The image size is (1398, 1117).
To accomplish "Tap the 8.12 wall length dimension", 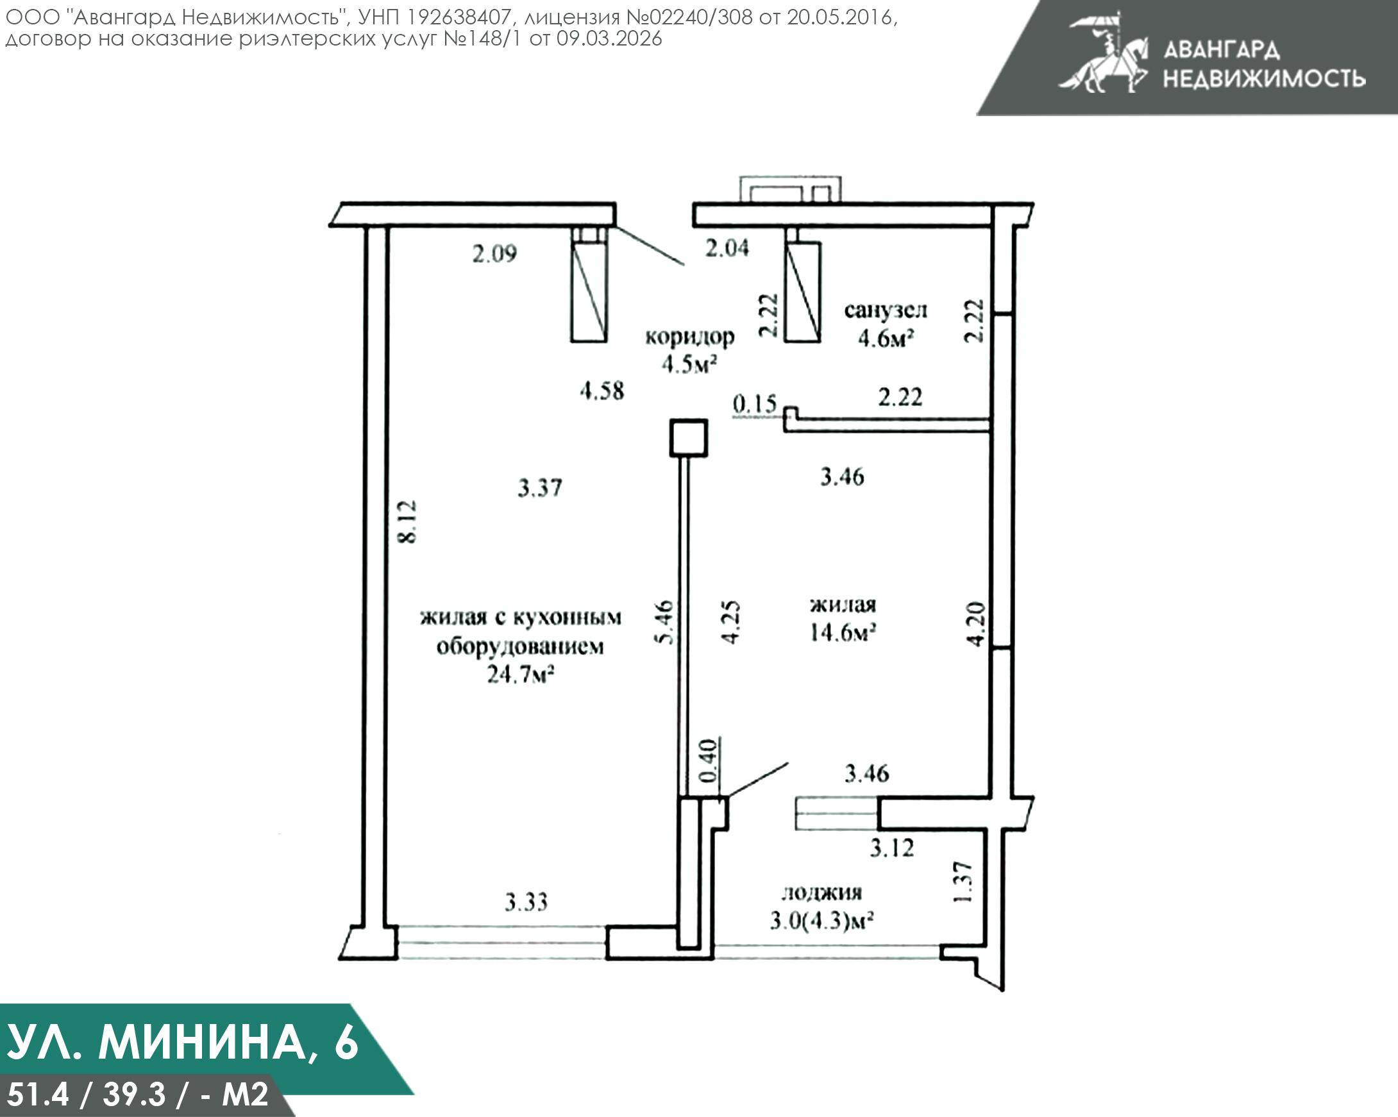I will (x=407, y=521).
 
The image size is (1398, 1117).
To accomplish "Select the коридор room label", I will (x=689, y=337).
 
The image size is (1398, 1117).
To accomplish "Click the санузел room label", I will (x=885, y=310).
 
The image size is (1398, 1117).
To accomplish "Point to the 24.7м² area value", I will (x=520, y=675).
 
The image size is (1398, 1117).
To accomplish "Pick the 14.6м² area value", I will (x=842, y=632).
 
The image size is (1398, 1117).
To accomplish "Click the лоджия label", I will (x=821, y=893).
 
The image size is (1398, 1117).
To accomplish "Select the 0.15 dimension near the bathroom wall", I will (x=755, y=404).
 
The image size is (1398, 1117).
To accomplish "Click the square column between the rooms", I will (x=688, y=437).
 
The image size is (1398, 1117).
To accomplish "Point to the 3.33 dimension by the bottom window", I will (x=526, y=902).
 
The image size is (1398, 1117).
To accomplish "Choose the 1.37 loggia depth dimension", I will (x=964, y=882).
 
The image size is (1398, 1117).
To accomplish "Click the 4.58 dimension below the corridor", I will (x=602, y=391).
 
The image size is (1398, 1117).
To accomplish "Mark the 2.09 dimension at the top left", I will (x=494, y=253).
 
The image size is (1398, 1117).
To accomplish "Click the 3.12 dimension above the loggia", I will (x=891, y=847).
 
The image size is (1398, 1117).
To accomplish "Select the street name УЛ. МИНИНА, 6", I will (x=181, y=1043).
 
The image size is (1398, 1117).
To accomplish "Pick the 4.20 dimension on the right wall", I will (x=976, y=625).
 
